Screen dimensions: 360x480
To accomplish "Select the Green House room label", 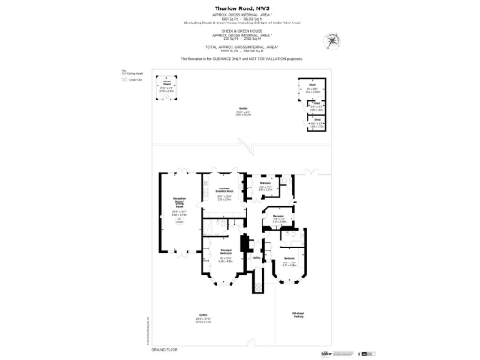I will point(167,82).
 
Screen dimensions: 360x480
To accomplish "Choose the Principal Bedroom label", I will point(225,251).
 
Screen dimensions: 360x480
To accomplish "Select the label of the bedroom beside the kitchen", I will point(265,184).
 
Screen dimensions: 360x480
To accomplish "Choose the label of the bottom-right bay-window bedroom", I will point(291,258).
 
